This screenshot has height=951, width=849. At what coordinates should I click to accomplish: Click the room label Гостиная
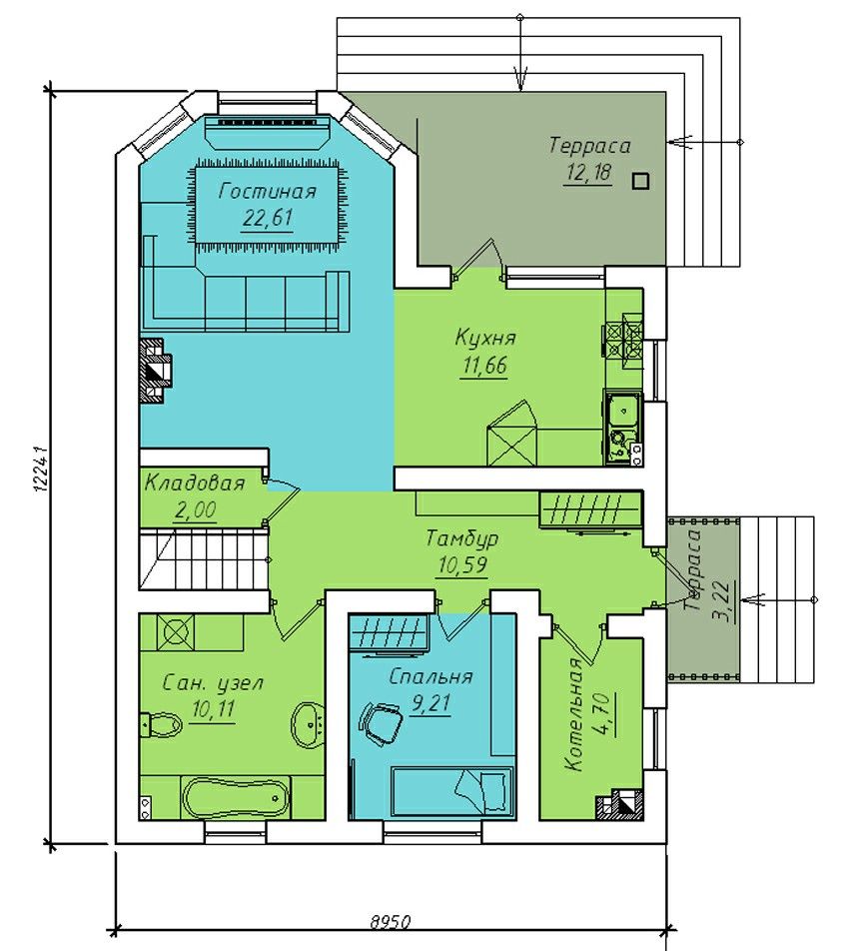[x=268, y=192]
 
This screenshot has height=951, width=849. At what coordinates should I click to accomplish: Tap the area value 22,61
[x=268, y=218]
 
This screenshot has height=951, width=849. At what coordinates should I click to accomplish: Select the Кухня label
[x=485, y=339]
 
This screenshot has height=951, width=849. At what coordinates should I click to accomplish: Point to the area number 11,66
[x=484, y=366]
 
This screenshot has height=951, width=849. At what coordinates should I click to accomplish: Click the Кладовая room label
[x=195, y=483]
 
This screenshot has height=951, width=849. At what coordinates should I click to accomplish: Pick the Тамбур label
[x=462, y=538]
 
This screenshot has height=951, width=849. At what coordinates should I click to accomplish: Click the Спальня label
[x=430, y=676]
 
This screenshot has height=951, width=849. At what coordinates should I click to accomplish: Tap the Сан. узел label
[x=213, y=683]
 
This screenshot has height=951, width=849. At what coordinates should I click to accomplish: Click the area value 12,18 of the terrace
[x=587, y=174]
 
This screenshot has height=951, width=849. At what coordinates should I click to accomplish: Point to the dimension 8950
[x=391, y=939]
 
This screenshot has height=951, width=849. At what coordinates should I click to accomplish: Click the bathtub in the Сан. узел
[x=237, y=798]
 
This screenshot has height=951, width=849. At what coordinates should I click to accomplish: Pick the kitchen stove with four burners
[x=623, y=342]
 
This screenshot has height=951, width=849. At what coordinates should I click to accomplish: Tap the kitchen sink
[x=622, y=413]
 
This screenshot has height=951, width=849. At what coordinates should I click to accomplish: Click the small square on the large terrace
[x=641, y=181]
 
